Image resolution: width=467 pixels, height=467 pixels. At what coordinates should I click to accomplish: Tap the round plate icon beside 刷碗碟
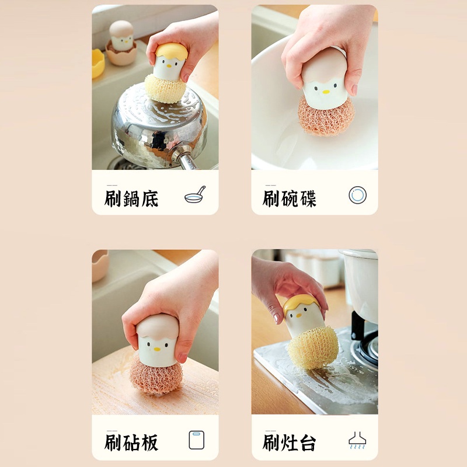pos(357,194)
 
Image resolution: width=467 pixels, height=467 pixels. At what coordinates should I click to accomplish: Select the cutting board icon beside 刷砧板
pos(197,440)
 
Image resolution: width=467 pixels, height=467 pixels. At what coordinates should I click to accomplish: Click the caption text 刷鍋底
pos(131,198)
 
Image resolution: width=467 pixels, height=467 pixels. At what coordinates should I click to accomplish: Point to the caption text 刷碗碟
pos(290,198)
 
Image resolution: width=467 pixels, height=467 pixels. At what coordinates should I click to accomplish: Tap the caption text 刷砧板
pos(131,442)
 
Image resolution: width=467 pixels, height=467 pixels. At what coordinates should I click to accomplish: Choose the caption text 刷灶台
pos(290,442)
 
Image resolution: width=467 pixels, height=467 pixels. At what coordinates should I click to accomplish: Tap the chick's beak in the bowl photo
pos(326,92)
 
